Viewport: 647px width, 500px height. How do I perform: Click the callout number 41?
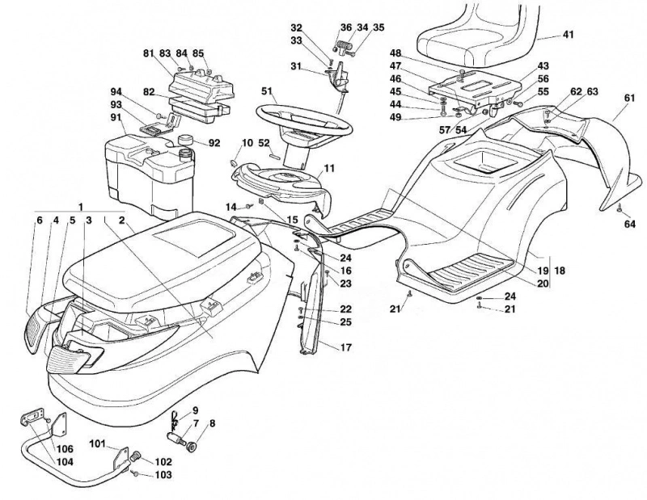pyautogui.click(x=569, y=35)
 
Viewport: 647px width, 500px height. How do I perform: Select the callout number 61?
pyautogui.click(x=629, y=98)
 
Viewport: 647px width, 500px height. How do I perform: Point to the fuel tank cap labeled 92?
pyautogui.click(x=187, y=140)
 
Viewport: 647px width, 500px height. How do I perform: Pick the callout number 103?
pyautogui.click(x=163, y=475)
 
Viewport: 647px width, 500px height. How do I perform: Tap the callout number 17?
pyautogui.click(x=346, y=347)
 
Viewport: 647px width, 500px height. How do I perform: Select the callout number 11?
pyautogui.click(x=329, y=168)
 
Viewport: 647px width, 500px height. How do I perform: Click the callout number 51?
pyautogui.click(x=267, y=91)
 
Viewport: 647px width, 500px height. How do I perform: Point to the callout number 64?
pyautogui.click(x=630, y=225)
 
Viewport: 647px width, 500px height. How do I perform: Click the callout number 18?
pyautogui.click(x=560, y=271)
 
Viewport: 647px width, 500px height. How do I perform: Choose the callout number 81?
pyautogui.click(x=149, y=53)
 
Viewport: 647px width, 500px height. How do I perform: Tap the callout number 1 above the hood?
pyautogui.click(x=81, y=207)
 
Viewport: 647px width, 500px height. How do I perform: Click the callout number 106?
pyautogui.click(x=66, y=449)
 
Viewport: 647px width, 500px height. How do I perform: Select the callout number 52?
pyautogui.click(x=264, y=143)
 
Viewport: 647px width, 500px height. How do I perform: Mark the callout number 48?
pyautogui.click(x=395, y=53)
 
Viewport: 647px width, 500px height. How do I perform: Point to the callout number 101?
pyautogui.click(x=98, y=444)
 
